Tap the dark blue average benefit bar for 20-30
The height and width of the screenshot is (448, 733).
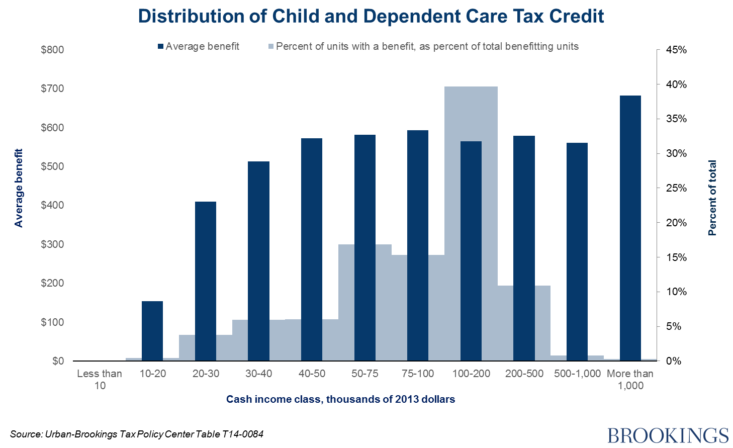(206, 281)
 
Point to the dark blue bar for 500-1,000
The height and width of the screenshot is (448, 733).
(577, 251)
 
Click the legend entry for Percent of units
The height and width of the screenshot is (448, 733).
(423, 47)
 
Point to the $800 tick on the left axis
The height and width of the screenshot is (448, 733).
(52, 50)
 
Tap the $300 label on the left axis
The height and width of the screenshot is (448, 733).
(52, 244)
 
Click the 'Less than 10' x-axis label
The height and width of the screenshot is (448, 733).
(100, 380)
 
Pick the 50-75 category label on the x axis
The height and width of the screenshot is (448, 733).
(365, 374)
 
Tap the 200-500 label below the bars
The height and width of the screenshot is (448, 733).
(524, 374)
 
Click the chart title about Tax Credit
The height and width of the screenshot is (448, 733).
(371, 17)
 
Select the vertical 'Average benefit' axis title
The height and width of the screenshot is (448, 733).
(19, 188)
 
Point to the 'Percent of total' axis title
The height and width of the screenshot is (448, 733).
(712, 198)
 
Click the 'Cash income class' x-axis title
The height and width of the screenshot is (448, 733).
(340, 399)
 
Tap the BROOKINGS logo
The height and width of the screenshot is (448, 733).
(668, 435)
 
